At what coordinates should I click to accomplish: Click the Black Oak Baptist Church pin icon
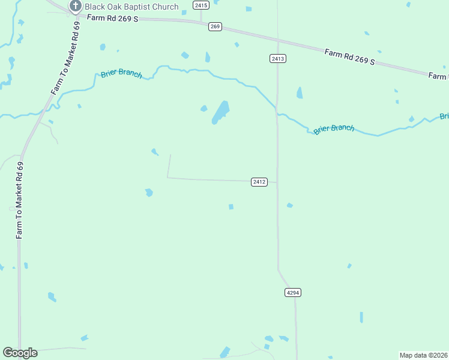(x=76, y=7)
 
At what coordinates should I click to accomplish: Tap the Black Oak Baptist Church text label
(x=131, y=7)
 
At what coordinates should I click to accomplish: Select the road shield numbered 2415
(x=201, y=5)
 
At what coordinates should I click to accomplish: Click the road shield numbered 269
(x=215, y=26)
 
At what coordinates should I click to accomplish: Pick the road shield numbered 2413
(x=277, y=58)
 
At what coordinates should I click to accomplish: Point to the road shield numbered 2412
(x=259, y=182)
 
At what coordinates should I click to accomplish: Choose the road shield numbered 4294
(x=292, y=292)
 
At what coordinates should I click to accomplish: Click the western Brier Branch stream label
(x=122, y=74)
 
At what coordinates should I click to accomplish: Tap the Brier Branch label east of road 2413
(x=334, y=128)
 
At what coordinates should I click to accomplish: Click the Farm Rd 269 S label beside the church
(x=112, y=19)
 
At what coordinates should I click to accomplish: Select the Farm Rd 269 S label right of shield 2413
(x=349, y=57)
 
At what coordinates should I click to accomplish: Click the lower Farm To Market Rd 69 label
(x=19, y=200)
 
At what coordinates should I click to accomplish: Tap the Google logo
(x=20, y=353)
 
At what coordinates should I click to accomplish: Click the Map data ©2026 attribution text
(x=423, y=355)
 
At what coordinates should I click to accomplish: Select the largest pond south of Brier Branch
(x=220, y=112)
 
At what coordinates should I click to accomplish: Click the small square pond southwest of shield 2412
(x=231, y=207)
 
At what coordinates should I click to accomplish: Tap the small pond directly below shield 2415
(x=207, y=57)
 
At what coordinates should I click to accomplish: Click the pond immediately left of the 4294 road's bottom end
(x=283, y=339)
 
